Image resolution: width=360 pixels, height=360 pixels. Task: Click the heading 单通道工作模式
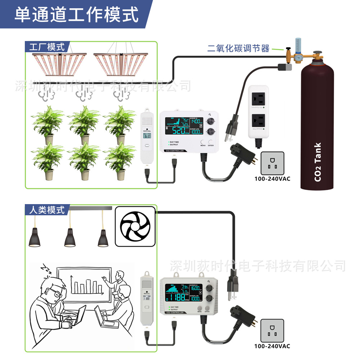77,14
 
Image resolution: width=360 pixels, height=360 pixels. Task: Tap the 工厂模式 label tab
47,47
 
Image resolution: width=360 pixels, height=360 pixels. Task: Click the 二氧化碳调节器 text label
238,49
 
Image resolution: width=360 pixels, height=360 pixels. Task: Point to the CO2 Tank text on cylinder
318,162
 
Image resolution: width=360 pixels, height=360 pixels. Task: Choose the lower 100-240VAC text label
272,346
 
